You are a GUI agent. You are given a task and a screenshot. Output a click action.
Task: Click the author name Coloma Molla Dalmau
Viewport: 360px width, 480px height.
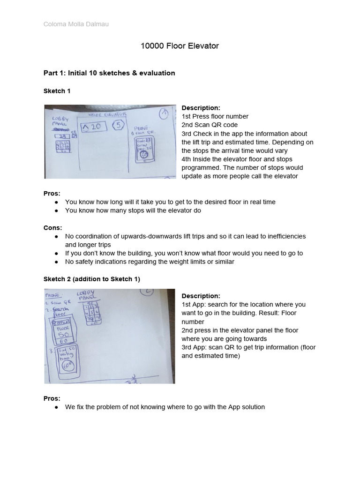click(x=76, y=24)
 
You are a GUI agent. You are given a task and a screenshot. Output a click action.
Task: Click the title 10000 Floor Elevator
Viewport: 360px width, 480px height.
click(x=180, y=46)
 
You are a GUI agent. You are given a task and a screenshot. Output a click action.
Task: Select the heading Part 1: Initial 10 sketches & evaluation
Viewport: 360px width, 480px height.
click(x=109, y=73)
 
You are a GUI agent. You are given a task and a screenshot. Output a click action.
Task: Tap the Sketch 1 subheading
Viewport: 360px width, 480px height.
click(x=57, y=91)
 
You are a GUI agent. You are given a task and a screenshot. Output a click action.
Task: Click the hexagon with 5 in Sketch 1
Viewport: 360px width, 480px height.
click(x=119, y=126)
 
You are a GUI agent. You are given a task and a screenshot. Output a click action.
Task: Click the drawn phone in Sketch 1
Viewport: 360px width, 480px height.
click(x=144, y=148)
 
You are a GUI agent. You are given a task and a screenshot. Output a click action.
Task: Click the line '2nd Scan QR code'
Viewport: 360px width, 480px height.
click(x=210, y=125)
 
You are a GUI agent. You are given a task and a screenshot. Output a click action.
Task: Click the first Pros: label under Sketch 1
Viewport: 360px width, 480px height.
click(x=52, y=193)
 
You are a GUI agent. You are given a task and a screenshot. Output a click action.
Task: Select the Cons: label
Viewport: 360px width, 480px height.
click(x=52, y=227)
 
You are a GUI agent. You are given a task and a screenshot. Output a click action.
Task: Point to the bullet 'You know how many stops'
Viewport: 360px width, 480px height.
click(x=133, y=210)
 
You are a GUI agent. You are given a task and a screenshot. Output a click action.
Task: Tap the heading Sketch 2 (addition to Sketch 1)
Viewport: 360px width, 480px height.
click(x=92, y=279)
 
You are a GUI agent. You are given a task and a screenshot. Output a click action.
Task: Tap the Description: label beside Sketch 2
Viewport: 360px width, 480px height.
click(x=201, y=296)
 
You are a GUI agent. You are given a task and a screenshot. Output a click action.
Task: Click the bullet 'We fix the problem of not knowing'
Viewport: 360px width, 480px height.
click(x=165, y=407)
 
